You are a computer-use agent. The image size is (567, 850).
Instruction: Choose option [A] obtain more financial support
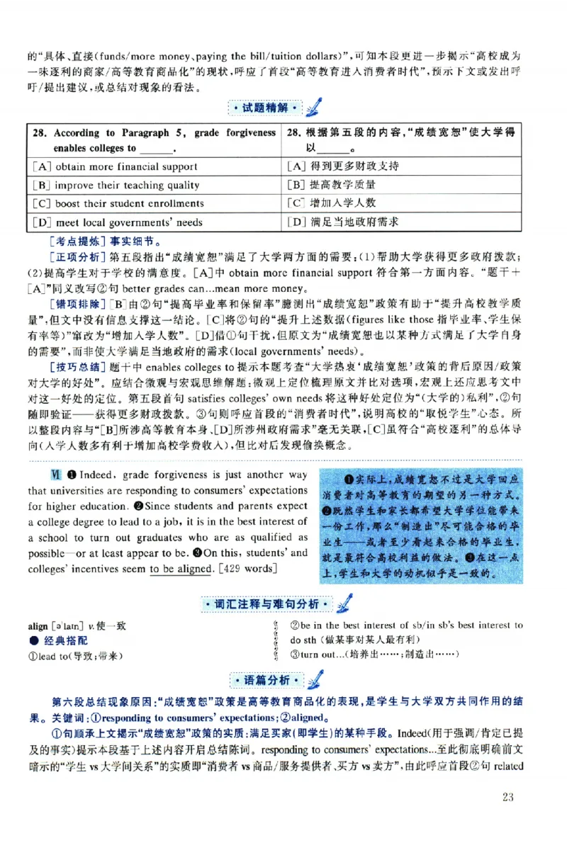pyautogui.click(x=115, y=167)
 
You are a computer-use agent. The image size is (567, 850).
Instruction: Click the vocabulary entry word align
pyautogui.click(x=38, y=627)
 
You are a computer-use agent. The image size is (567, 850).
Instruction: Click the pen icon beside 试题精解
pyautogui.click(x=314, y=107)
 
